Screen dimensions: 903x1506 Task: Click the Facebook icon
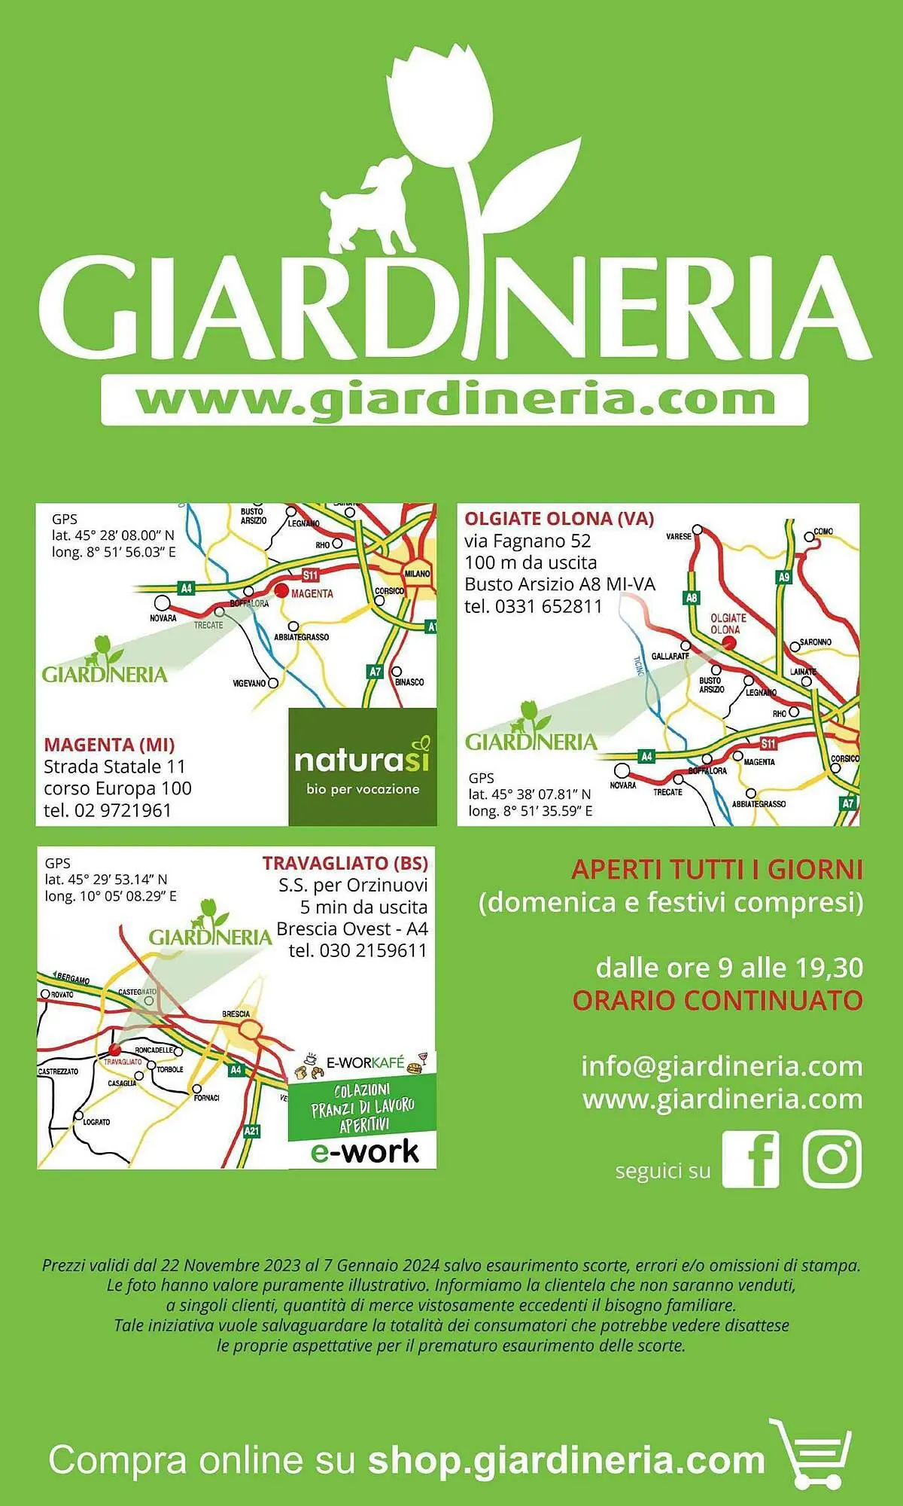click(750, 1159)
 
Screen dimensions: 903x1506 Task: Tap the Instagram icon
click(832, 1159)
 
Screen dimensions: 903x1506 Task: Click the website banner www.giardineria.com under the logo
click(455, 400)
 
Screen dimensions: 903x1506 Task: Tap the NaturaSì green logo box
click(363, 767)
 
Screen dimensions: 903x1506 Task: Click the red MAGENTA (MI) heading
click(109, 745)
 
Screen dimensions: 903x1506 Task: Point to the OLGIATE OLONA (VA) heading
click(559, 518)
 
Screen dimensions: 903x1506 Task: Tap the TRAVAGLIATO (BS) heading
click(345, 863)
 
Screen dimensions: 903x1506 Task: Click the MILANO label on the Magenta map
click(417, 574)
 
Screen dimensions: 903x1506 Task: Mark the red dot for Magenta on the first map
click(281, 591)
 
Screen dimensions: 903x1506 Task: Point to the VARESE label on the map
click(678, 537)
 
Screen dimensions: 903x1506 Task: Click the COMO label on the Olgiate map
click(823, 532)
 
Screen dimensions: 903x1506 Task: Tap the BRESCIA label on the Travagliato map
click(236, 1014)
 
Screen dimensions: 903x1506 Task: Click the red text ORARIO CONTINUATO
click(717, 1001)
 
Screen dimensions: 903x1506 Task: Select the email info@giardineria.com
click(722, 1066)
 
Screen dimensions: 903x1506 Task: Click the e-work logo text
click(364, 1152)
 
